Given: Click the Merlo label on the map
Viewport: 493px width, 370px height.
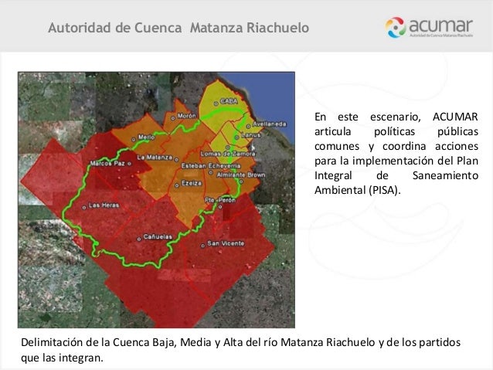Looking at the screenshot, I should pyautogui.click(x=146, y=137).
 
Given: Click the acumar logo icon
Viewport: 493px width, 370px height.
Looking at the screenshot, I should pyautogui.click(x=399, y=29).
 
